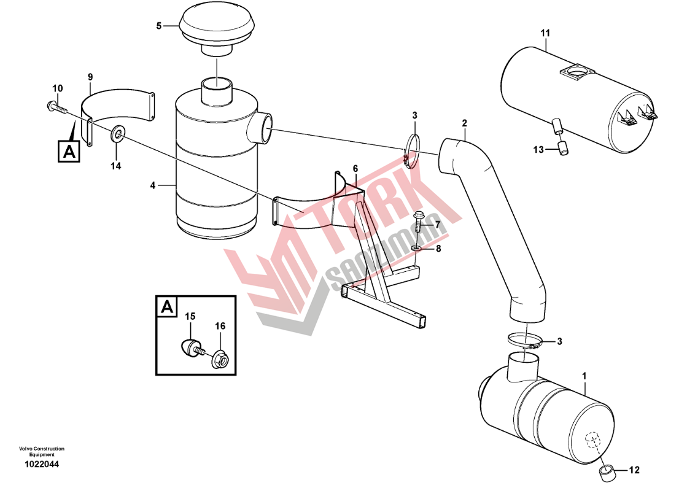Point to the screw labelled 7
click(417, 223)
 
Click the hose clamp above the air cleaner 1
click(524, 341)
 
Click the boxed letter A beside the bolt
click(69, 151)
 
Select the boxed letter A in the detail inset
click(167, 307)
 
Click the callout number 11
click(545, 33)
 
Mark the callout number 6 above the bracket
click(355, 169)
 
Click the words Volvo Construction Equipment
click(42, 452)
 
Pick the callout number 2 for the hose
click(464, 123)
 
